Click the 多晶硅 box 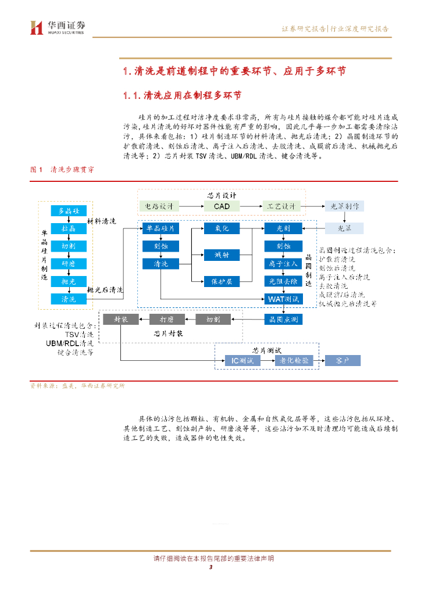(x=69, y=210)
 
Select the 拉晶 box (x=69, y=228)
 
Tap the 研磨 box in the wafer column (x=69, y=264)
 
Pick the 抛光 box (x=69, y=281)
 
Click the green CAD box (x=222, y=206)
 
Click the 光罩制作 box (x=344, y=206)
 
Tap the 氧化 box (x=222, y=229)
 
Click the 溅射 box (x=222, y=255)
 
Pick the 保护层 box (x=222, y=281)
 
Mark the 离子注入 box (x=283, y=264)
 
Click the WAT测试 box (x=283, y=299)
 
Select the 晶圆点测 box (x=283, y=320)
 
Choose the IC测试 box (x=242, y=361)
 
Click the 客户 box (x=342, y=361)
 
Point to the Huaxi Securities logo (x=58, y=27)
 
